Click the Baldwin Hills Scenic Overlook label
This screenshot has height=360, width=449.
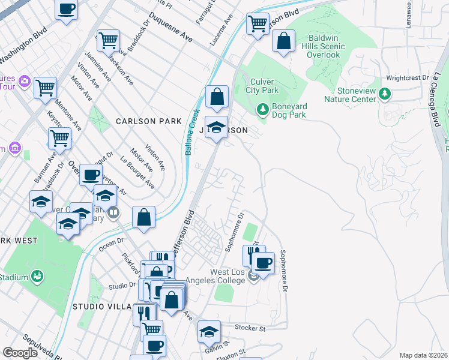(x=333, y=46)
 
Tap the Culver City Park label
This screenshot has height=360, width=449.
(x=262, y=86)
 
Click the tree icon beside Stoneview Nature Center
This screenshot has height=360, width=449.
(x=385, y=94)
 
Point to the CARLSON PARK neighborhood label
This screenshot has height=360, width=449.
(x=148, y=121)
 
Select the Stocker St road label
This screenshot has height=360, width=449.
(x=250, y=329)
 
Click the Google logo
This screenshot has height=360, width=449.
(x=20, y=352)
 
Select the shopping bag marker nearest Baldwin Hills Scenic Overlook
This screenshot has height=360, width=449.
(x=284, y=41)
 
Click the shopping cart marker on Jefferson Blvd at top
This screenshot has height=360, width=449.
(x=258, y=25)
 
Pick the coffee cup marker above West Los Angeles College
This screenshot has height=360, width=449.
(x=263, y=262)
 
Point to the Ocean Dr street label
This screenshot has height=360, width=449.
(x=110, y=244)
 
